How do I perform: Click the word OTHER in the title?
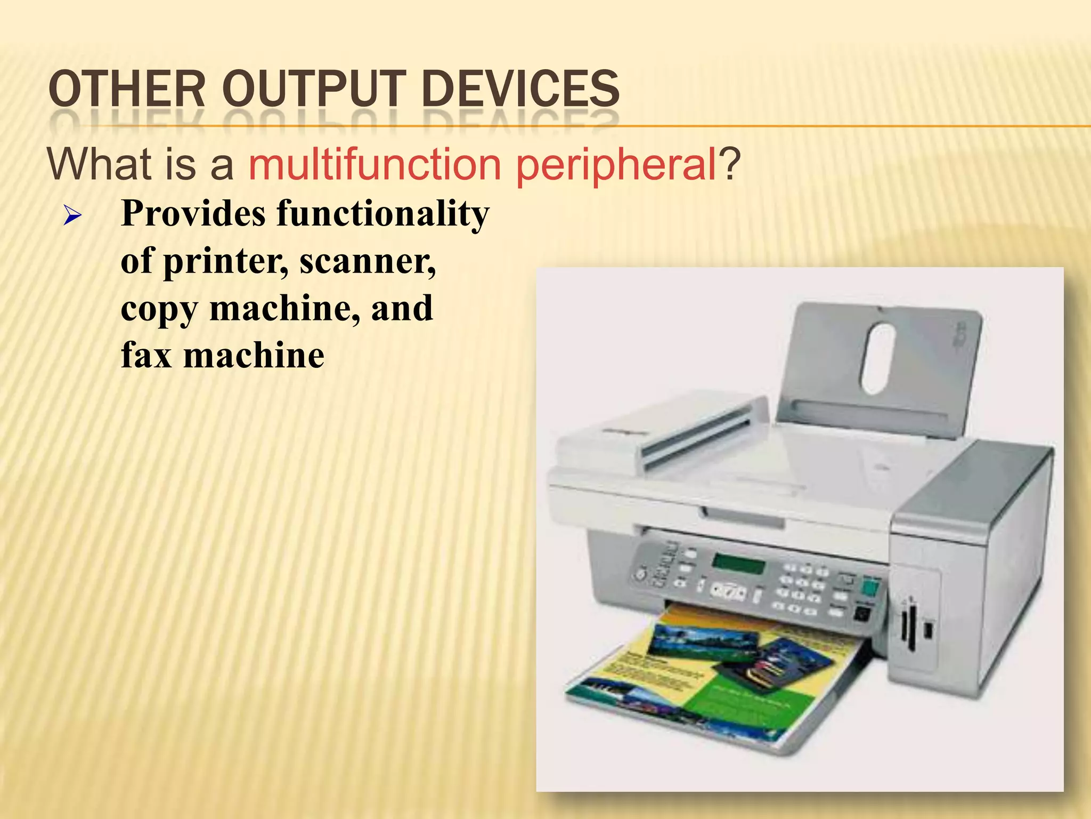tap(127, 89)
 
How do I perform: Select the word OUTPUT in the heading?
tap(314, 89)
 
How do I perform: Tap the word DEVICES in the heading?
tap(520, 89)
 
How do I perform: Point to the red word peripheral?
tap(616, 165)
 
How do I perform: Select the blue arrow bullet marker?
tap(72, 216)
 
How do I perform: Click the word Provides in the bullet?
tap(193, 213)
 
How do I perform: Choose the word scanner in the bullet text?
tap(368, 261)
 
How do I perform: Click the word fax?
tap(146, 355)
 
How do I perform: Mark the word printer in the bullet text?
tap(225, 261)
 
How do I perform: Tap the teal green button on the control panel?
tap(870, 588)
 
